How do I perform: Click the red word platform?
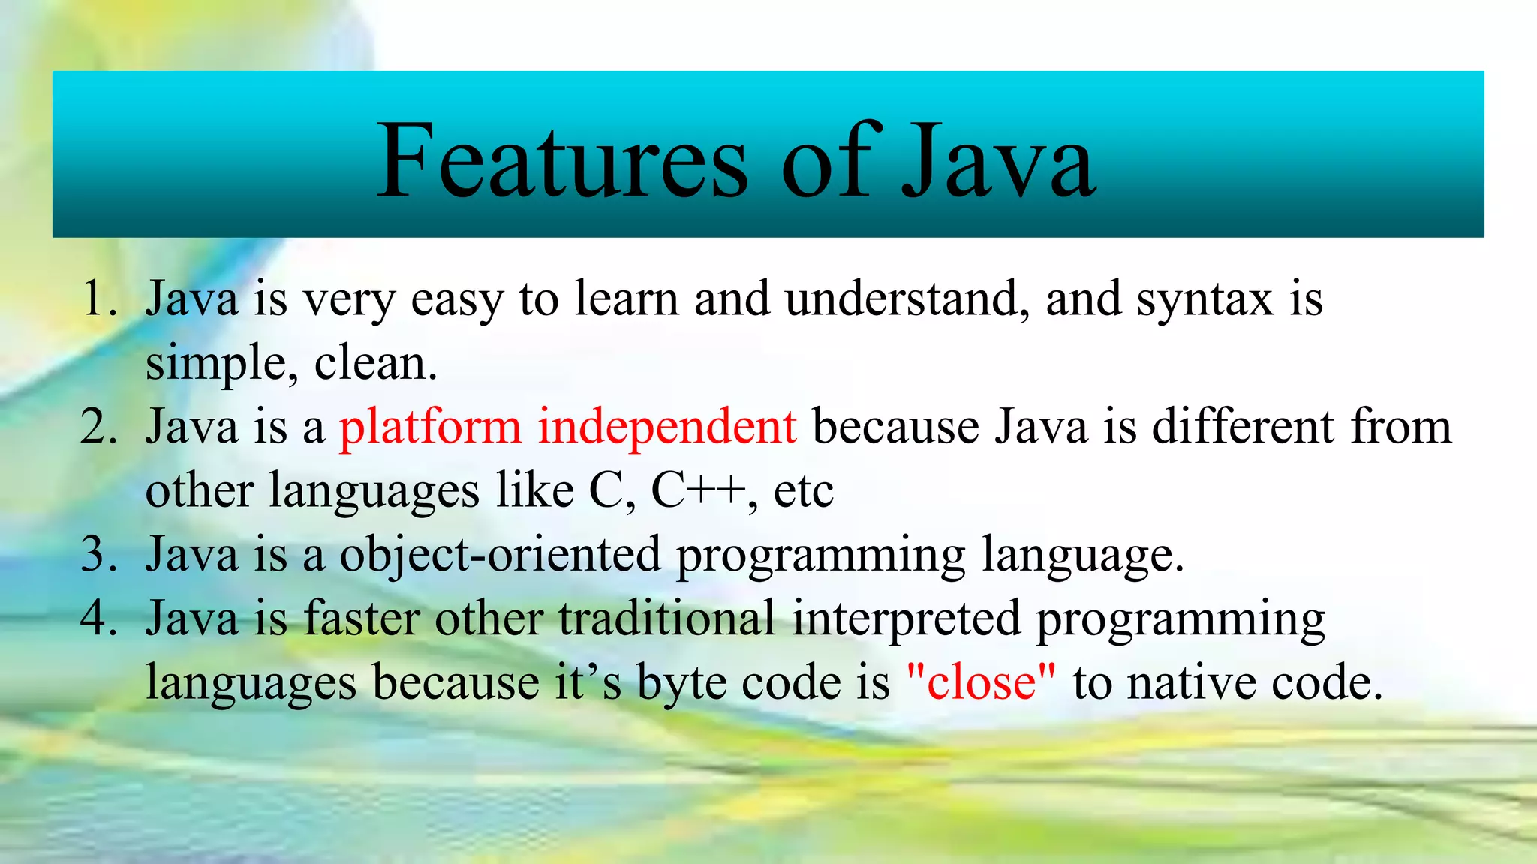point(430,427)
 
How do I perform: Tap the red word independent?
point(666,427)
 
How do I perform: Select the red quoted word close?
point(981,683)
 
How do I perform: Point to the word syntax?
point(1205,298)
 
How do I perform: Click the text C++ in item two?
point(698,491)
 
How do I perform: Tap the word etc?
point(803,491)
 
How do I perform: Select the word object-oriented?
point(500,555)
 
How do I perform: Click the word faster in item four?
point(362,619)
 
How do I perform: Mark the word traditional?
point(666,619)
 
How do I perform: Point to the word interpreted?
point(906,619)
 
